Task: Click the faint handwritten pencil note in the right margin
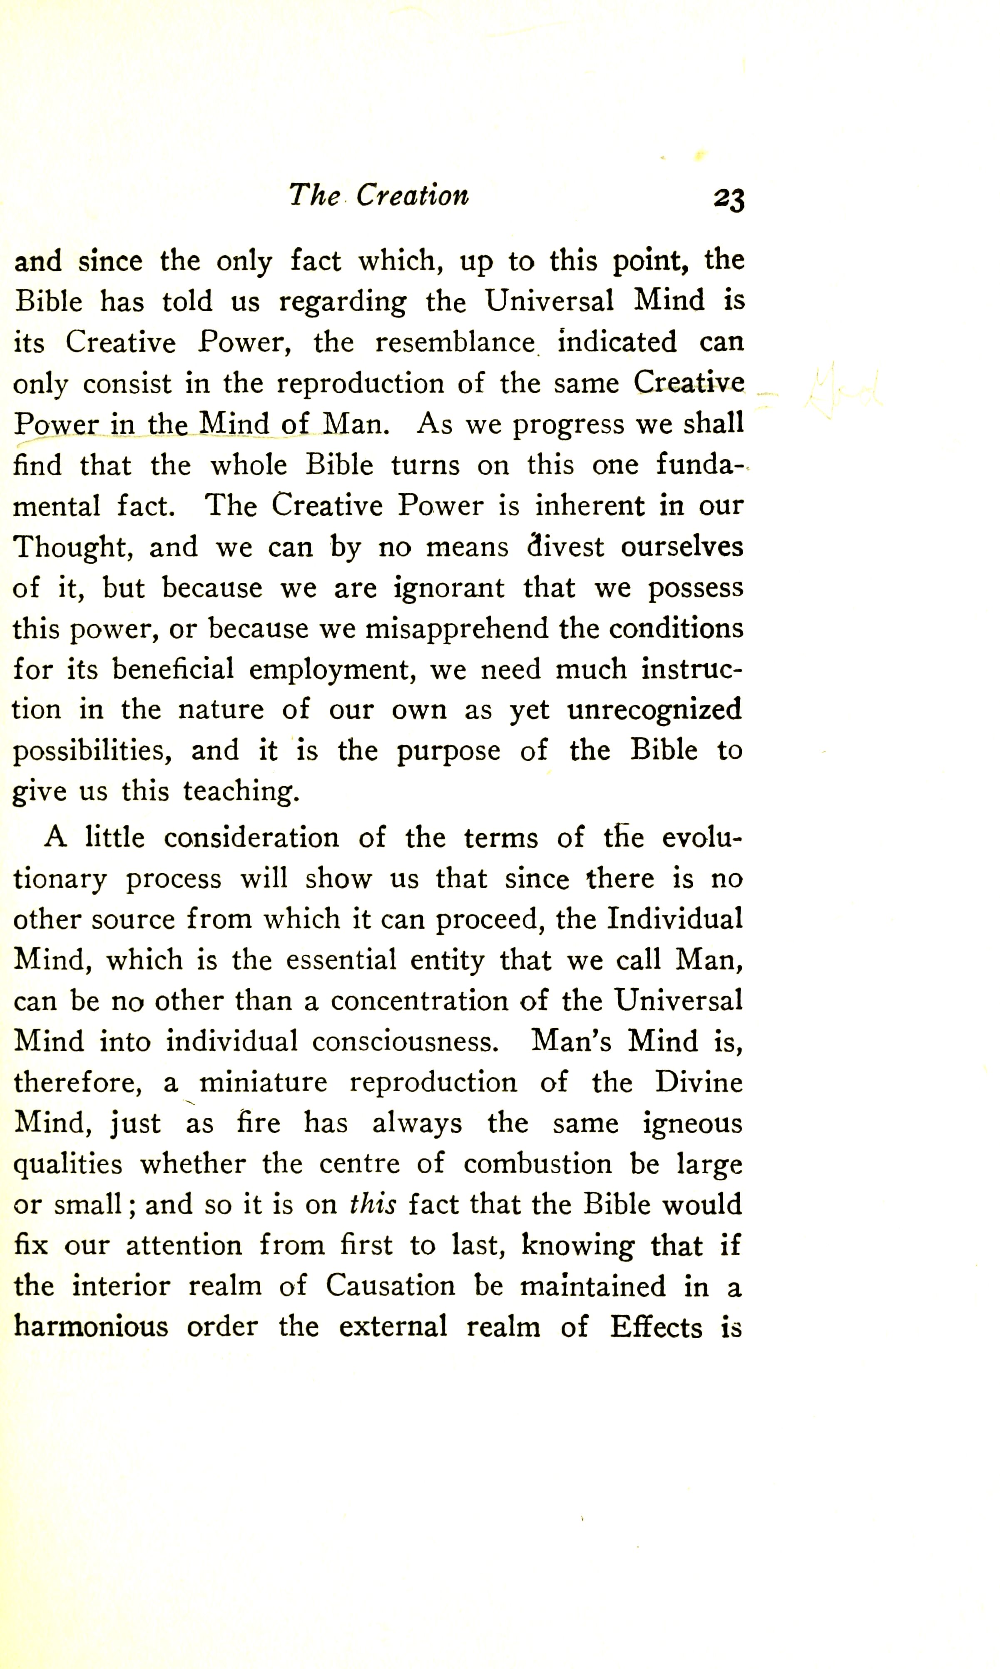point(842,390)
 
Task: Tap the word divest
point(566,547)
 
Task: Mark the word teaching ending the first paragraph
point(241,792)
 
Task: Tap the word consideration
point(251,838)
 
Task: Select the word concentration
point(419,1001)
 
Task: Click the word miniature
point(263,1082)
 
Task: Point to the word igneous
point(692,1124)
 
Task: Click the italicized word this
point(373,1204)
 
